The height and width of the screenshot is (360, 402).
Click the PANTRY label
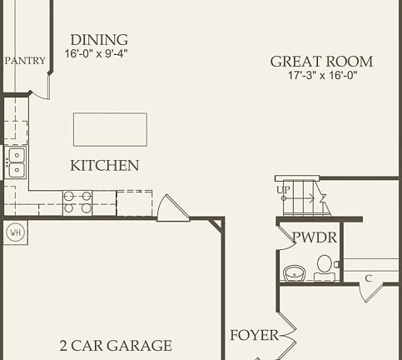point(25,61)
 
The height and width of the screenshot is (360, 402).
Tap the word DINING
point(99,40)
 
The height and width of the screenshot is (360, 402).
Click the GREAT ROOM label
point(321,62)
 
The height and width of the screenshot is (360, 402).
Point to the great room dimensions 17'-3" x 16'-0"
point(321,76)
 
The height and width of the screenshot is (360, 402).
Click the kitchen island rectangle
point(110,129)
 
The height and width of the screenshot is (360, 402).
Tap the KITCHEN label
point(104,166)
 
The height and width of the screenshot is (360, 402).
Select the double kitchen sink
point(16,162)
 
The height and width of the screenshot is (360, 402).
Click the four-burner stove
point(77,202)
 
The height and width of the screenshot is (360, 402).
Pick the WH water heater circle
point(15,232)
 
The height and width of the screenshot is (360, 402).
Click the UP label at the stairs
point(284,190)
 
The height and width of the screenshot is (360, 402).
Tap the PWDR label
point(315,237)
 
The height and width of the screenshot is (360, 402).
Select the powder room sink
point(294,272)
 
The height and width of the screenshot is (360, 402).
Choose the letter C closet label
point(367,277)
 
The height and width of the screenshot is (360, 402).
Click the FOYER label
point(254,336)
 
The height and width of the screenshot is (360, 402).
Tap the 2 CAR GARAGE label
point(116,345)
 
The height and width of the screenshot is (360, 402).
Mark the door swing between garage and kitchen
point(172,209)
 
